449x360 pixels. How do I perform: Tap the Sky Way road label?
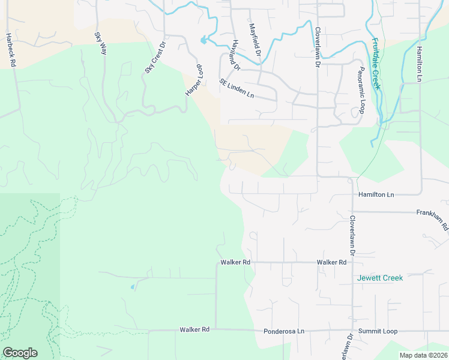pos(100,43)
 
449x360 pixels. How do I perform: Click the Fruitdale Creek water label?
pos(376,64)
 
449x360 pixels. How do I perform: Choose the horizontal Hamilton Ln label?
pos(376,195)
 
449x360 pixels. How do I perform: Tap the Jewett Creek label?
pos(380,278)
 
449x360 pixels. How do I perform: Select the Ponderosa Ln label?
pos(284,331)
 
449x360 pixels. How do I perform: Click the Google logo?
pos(20,352)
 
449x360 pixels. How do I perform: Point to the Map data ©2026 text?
pos(423,355)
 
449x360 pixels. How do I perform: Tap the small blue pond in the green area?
pos(132,287)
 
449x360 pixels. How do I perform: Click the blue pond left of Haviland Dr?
pos(204,41)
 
